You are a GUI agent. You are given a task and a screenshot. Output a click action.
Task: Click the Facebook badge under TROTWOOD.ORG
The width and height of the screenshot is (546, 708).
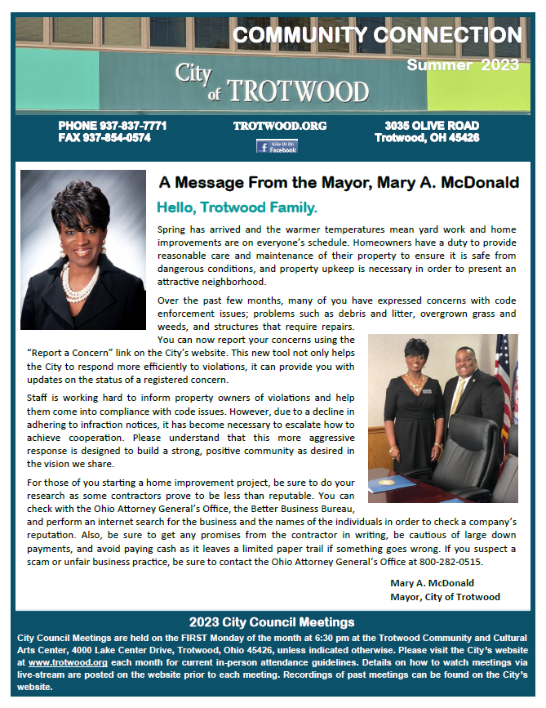(277, 147)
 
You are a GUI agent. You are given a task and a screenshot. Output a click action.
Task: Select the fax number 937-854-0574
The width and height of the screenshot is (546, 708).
(127, 138)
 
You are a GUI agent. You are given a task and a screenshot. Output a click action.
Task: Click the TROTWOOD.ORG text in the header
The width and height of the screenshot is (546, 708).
(280, 126)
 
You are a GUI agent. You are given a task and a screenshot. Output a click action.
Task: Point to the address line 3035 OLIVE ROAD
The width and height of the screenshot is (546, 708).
(432, 126)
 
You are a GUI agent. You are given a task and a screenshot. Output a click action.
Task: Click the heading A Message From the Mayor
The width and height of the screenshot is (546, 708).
(339, 182)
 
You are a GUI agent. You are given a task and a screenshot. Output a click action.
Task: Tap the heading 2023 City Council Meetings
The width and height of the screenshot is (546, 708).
(272, 622)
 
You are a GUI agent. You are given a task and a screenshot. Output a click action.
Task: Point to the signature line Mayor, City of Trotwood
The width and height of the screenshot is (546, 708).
(445, 597)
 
